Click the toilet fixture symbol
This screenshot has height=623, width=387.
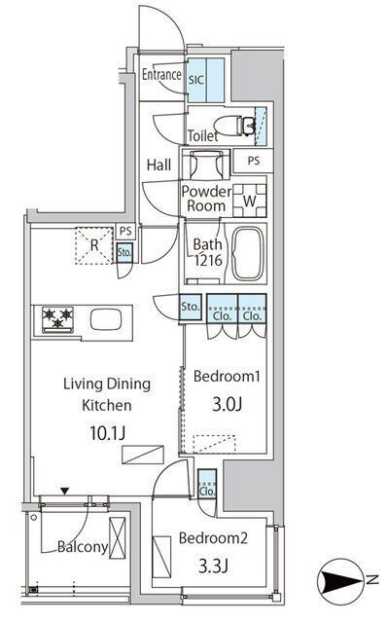[x=234, y=126]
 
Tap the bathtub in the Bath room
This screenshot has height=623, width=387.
[x=248, y=254]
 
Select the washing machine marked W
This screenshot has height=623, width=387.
[x=250, y=201]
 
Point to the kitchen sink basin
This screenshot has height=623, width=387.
[x=106, y=320]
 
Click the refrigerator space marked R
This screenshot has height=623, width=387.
[x=94, y=245]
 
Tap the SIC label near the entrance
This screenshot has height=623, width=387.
[x=196, y=80]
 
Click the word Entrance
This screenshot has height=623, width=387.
[x=161, y=74]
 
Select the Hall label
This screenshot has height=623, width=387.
[x=158, y=165]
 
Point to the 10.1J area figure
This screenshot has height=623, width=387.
[x=108, y=432]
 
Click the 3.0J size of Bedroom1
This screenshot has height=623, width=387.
[x=227, y=404]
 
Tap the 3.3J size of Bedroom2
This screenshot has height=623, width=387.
[x=213, y=566]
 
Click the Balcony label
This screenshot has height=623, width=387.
[x=83, y=547]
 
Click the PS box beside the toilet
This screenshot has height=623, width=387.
[x=253, y=161]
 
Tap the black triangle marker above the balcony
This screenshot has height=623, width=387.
[x=65, y=492]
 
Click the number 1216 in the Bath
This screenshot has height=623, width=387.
[x=208, y=260]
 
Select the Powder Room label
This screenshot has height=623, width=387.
[x=206, y=199]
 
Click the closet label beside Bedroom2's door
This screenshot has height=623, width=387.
[x=207, y=492]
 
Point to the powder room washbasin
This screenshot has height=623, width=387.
[x=206, y=165]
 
